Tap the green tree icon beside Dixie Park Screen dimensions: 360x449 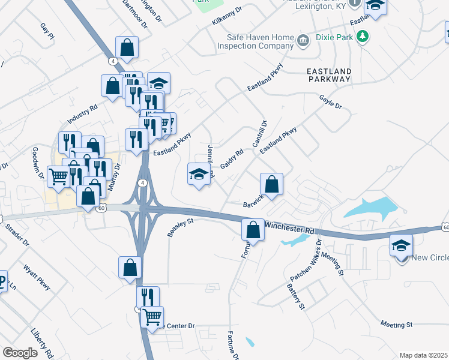[x=363, y=38]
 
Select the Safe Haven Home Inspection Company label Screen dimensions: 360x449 [x=259, y=41]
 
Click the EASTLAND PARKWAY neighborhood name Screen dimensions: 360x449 [x=328, y=75]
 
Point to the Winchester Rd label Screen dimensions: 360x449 [x=289, y=228]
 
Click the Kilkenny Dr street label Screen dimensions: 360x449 [x=227, y=16]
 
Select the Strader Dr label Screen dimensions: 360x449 [x=19, y=235]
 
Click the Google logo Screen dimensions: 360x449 [x=20, y=353]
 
